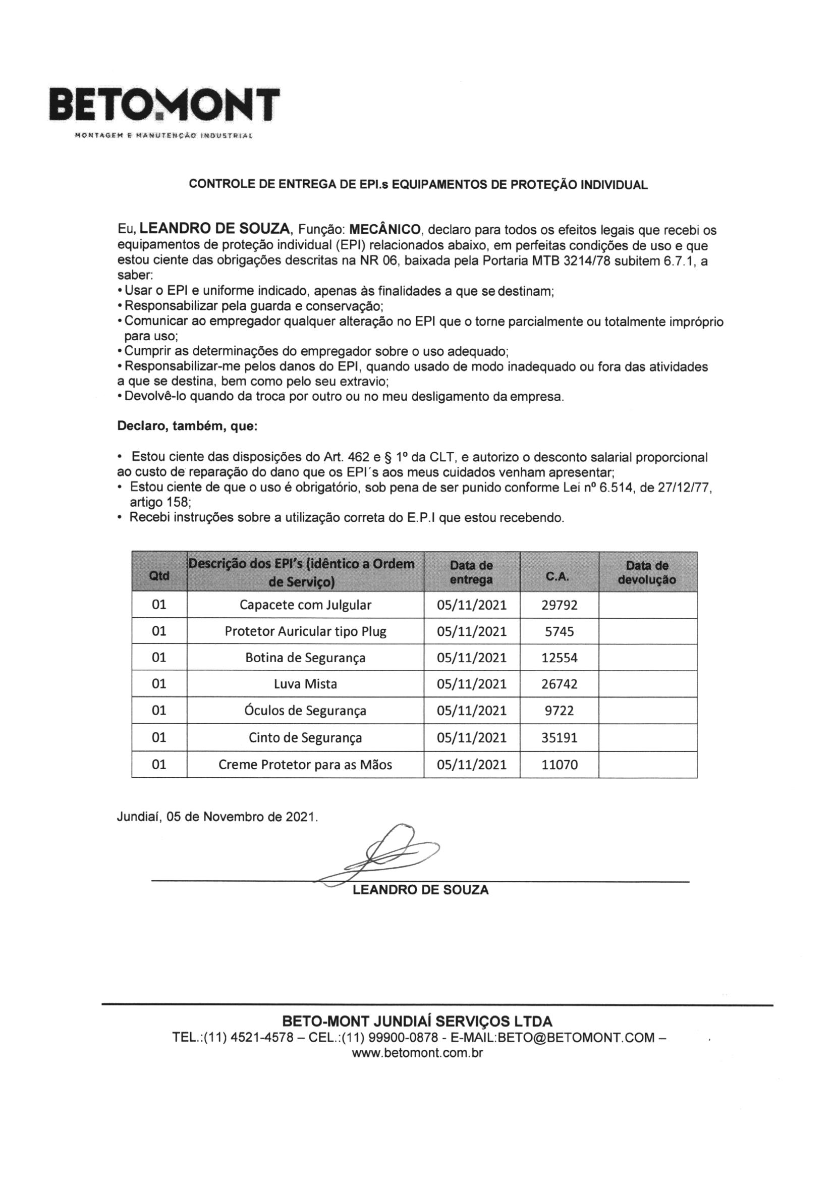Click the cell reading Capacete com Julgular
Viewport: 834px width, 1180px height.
pyautogui.click(x=305, y=605)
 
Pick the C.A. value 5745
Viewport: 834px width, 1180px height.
pyautogui.click(x=559, y=631)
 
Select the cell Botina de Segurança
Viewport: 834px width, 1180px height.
pyautogui.click(x=305, y=657)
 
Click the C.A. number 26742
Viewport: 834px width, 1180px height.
pyautogui.click(x=559, y=684)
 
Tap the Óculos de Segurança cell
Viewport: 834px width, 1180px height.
pyautogui.click(x=305, y=710)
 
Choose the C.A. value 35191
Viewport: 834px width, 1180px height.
pyautogui.click(x=559, y=737)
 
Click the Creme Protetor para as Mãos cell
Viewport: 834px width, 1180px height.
pyautogui.click(x=305, y=765)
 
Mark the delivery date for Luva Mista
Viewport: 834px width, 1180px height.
pyautogui.click(x=471, y=684)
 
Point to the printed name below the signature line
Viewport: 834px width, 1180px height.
pyautogui.click(x=420, y=890)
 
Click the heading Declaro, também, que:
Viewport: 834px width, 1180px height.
pyautogui.click(x=187, y=426)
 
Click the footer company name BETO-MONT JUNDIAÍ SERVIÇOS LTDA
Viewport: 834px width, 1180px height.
pyautogui.click(x=417, y=1021)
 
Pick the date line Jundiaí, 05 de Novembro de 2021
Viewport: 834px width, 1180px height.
pyautogui.click(x=217, y=816)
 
